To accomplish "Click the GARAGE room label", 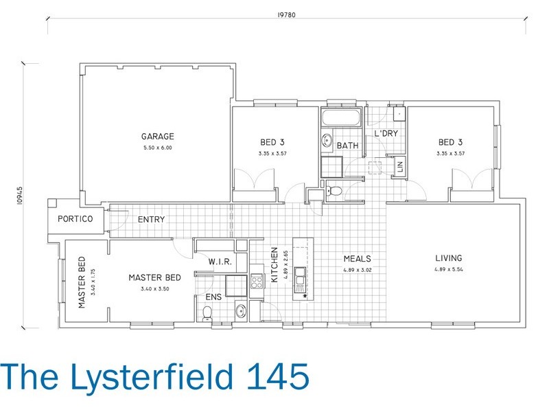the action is (x=158, y=136).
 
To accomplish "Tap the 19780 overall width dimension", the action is (x=286, y=14).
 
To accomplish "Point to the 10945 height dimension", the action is (x=20, y=196).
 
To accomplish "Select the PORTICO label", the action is (x=75, y=219).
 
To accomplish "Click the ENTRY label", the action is (x=151, y=220).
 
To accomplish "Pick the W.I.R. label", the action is (x=220, y=262).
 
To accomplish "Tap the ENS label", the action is (x=213, y=297).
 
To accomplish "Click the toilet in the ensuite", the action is (x=207, y=313).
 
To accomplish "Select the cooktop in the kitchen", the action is (x=257, y=282).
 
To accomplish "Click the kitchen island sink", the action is (x=300, y=277).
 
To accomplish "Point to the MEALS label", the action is (x=357, y=259).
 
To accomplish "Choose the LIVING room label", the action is (x=449, y=258).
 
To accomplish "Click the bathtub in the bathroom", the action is (x=341, y=117).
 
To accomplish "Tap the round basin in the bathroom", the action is (x=327, y=141).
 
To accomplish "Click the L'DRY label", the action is (x=386, y=133).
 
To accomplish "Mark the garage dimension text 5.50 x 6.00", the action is (x=158, y=148).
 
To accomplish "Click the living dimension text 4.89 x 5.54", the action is (x=449, y=269).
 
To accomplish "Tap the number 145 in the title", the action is (x=279, y=376).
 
